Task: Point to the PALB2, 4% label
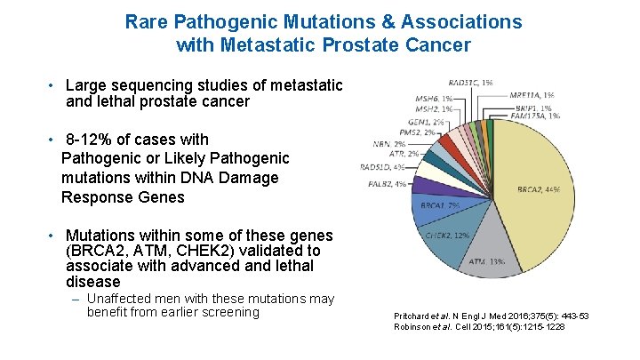pyautogui.click(x=387, y=184)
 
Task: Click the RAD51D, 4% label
pyautogui.click(x=382, y=166)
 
